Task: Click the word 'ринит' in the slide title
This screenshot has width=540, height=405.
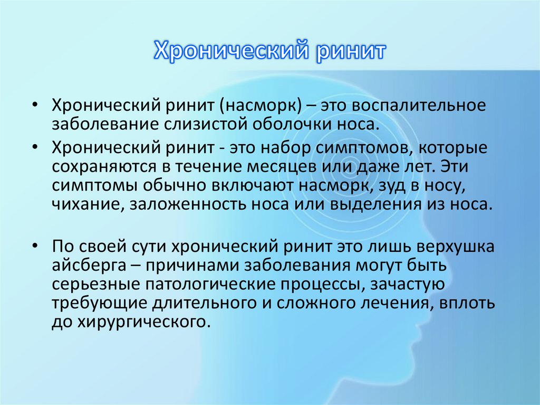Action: tap(352, 51)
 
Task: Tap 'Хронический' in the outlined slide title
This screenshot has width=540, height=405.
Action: tap(229, 51)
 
